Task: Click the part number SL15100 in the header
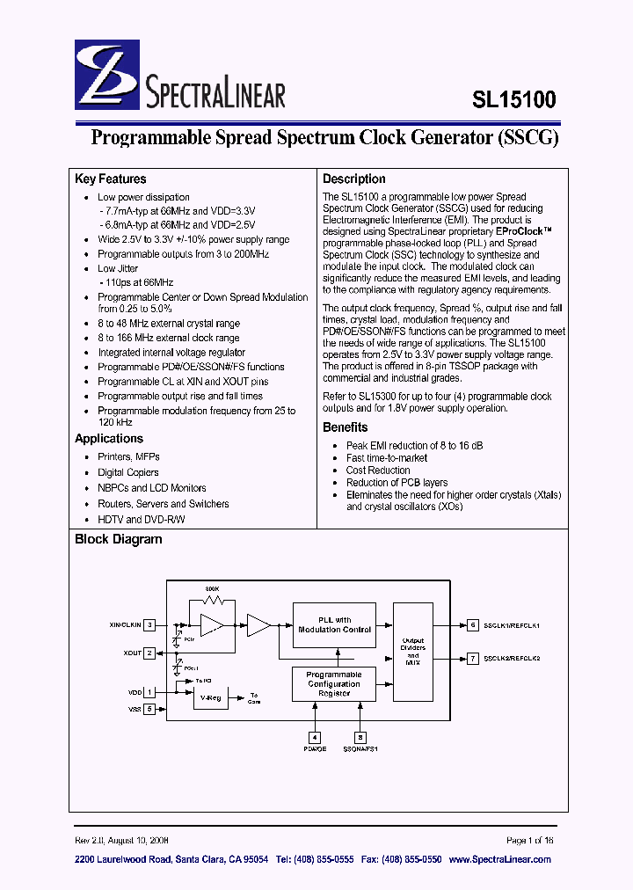click(514, 99)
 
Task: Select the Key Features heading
click(111, 179)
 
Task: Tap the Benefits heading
click(346, 427)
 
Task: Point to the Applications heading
click(109, 439)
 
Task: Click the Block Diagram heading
click(119, 539)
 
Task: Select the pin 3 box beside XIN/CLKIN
click(150, 624)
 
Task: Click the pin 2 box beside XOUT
click(150, 653)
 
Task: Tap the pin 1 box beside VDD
click(150, 693)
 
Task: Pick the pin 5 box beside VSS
click(150, 708)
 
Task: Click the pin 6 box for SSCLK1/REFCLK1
click(473, 625)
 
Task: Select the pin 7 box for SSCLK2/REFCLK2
click(473, 658)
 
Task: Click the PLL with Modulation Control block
click(334, 624)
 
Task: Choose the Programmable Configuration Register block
click(334, 684)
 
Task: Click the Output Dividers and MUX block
click(412, 651)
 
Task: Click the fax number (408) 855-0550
click(411, 859)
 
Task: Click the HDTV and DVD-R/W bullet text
click(142, 520)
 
